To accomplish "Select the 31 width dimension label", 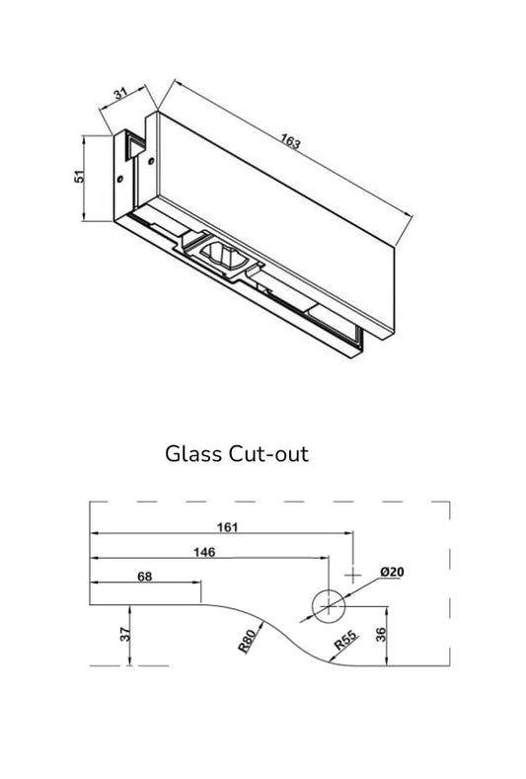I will point(120,96).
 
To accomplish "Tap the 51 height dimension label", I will point(79,179).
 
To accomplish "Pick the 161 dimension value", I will point(226,527).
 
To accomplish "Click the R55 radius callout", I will point(344,640).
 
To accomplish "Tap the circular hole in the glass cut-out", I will point(327,605).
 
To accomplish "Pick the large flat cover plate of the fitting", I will point(276,207).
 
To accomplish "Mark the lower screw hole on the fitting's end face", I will point(120,180).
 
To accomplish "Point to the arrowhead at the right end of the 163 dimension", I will point(400,242).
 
